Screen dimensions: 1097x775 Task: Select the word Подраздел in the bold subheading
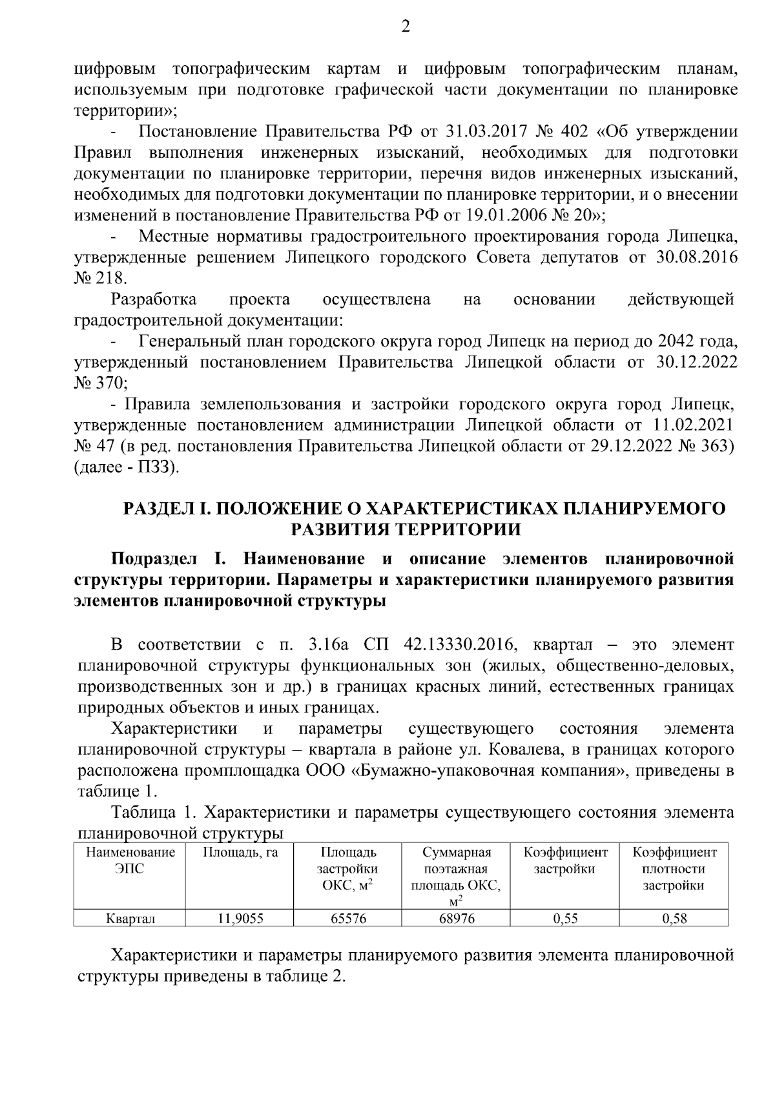150,558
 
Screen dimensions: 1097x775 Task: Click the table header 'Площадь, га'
240,852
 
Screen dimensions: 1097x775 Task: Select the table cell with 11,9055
240,919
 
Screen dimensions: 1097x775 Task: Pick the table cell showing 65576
349,919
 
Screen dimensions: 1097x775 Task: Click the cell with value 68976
457,919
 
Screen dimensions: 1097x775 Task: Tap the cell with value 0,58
674,919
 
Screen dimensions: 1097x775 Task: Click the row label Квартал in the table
130,919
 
